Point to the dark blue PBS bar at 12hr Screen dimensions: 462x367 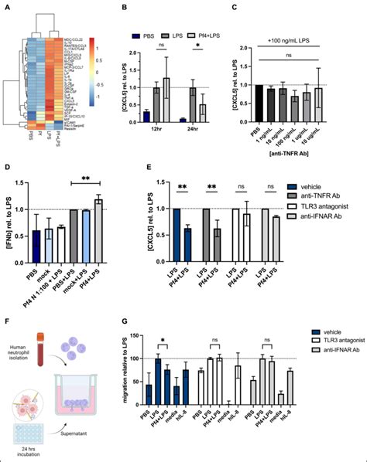(146, 117)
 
